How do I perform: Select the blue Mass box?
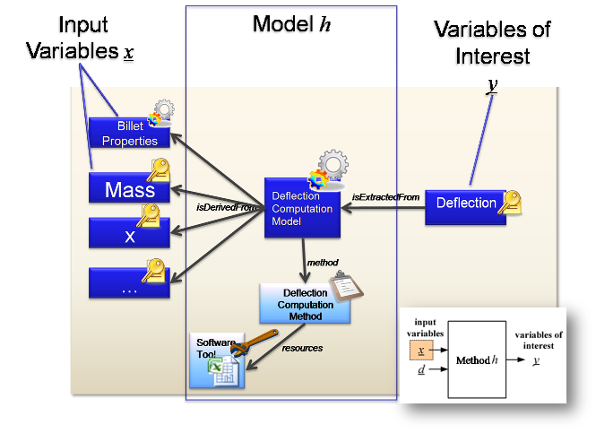tap(129, 189)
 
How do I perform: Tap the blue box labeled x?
tap(129, 235)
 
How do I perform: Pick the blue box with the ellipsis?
tap(129, 283)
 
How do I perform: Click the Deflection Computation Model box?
tap(302, 208)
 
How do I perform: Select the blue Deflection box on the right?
tap(465, 203)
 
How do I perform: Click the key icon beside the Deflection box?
tap(512, 204)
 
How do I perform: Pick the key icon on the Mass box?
tap(159, 170)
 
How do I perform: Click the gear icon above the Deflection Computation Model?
tap(332, 168)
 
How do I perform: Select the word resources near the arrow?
tap(303, 348)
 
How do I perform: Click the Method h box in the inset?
tap(476, 360)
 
